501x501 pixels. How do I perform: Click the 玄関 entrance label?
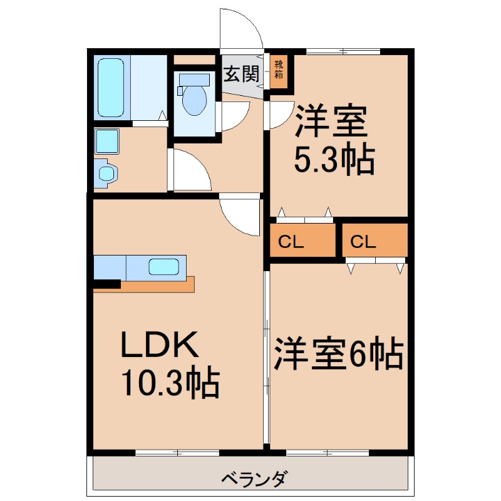[242, 75]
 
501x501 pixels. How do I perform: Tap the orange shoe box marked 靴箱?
[278, 70]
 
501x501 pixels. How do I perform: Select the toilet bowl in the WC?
[193, 100]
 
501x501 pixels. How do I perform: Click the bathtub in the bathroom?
[112, 88]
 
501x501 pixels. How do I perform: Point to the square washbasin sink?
[107, 142]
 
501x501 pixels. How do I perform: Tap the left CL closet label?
[291, 240]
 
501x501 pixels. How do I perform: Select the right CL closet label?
[363, 240]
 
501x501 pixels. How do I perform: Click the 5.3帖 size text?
[334, 160]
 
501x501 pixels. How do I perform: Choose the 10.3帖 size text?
[169, 383]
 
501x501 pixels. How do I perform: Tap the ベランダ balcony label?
[254, 480]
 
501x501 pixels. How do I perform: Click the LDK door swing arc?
[240, 216]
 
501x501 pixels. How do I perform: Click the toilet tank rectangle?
[193, 80]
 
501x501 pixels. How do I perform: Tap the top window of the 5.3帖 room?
[343, 51]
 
